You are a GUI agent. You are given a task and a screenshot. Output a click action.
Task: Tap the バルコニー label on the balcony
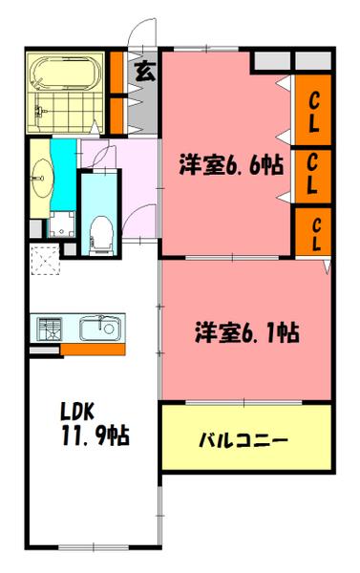point(244,441)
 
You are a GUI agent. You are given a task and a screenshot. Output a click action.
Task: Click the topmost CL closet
point(312,112)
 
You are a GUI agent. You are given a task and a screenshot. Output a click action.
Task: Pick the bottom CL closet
point(312,234)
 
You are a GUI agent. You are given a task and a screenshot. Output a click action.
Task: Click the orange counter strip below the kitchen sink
point(92,350)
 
